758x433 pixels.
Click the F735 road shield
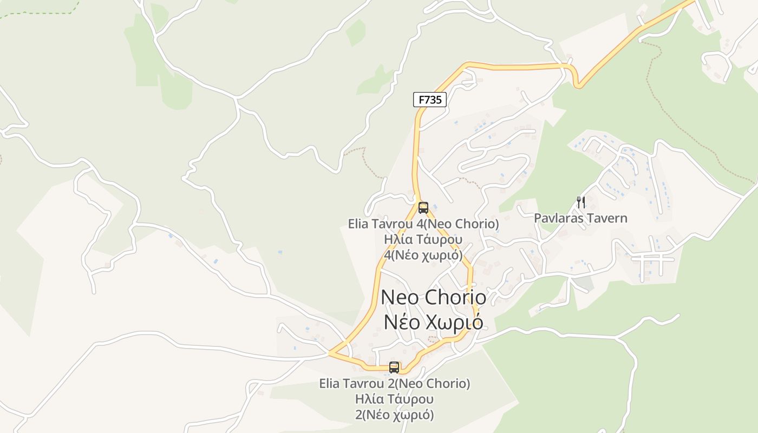click(x=429, y=100)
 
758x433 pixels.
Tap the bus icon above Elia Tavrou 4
click(x=423, y=207)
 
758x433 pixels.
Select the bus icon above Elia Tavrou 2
click(x=394, y=368)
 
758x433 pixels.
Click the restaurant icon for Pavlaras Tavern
click(x=581, y=202)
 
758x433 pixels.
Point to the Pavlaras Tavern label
click(x=580, y=218)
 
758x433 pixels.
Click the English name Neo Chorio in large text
click(x=433, y=297)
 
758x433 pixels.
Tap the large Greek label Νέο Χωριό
click(x=433, y=322)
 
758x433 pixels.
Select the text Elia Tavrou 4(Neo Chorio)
click(x=423, y=224)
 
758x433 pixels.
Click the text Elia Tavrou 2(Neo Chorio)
click(x=394, y=384)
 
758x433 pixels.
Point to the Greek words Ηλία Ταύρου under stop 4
click(x=423, y=239)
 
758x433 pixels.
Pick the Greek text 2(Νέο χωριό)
click(x=394, y=415)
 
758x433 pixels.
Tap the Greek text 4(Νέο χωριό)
click(x=423, y=255)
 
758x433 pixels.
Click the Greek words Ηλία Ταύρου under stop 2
click(x=394, y=399)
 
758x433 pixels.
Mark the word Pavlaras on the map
click(x=559, y=218)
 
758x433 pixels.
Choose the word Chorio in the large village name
click(x=455, y=297)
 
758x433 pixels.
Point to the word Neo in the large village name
click(x=400, y=297)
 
